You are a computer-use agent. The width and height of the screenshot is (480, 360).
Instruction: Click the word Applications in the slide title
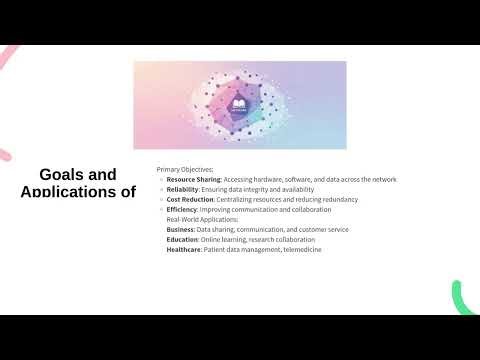[x=70, y=192]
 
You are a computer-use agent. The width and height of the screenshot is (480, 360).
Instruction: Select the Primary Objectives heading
[x=185, y=169]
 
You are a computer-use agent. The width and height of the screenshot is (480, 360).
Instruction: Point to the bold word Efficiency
[x=182, y=209]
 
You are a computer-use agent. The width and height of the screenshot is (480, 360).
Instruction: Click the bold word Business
[x=181, y=229]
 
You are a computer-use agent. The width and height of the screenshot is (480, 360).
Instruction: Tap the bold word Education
[x=183, y=239]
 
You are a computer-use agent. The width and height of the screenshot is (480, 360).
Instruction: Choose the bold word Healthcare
[x=185, y=249]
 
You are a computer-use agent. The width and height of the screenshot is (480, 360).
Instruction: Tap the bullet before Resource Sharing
[x=161, y=179]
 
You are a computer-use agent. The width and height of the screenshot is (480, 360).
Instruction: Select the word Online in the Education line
[x=212, y=239]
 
